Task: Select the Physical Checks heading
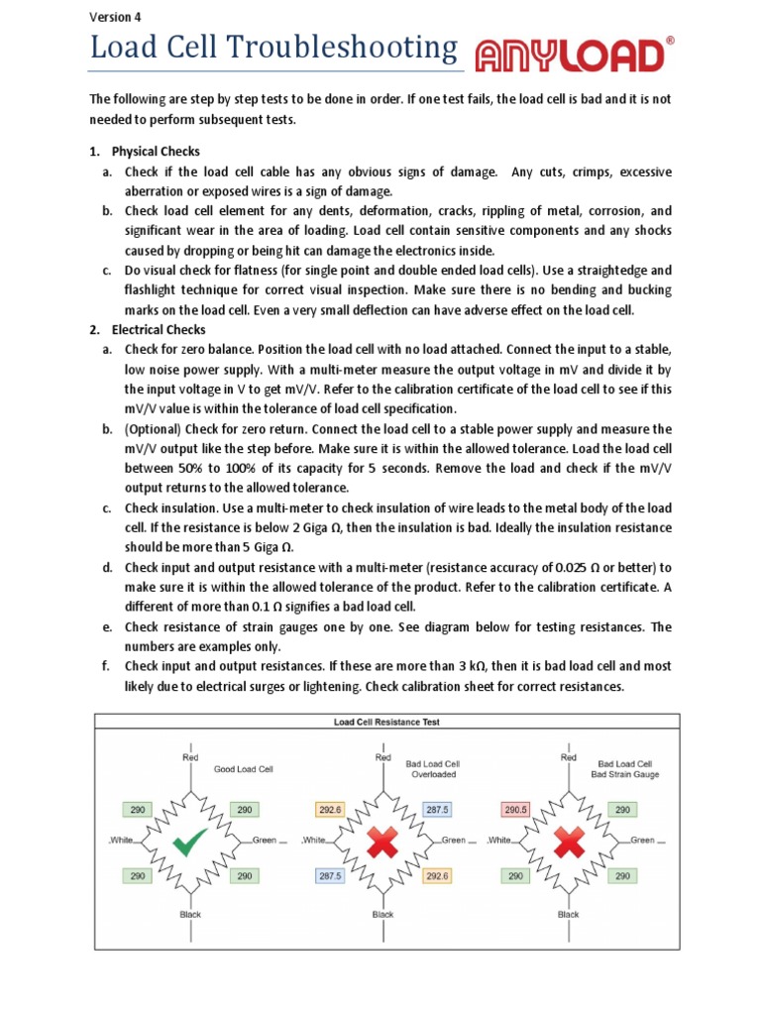(156, 152)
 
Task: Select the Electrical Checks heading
(159, 329)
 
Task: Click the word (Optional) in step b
(155, 428)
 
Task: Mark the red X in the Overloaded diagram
(381, 843)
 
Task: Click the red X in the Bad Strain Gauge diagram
(568, 843)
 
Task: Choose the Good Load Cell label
(243, 768)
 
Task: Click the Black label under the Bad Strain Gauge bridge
(568, 914)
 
